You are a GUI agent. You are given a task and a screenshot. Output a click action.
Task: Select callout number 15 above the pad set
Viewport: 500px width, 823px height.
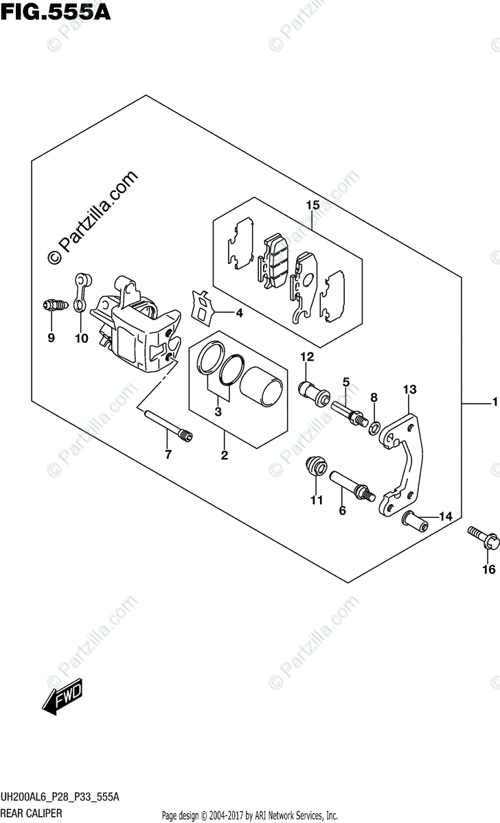(x=312, y=205)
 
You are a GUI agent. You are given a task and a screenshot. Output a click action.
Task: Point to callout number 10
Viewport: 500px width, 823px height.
(x=82, y=337)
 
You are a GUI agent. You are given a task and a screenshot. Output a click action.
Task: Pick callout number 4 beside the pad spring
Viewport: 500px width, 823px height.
(x=239, y=314)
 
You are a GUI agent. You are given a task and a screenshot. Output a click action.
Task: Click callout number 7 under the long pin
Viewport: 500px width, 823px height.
(x=167, y=455)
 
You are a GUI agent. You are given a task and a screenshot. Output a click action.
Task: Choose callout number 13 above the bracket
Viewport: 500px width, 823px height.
(x=409, y=390)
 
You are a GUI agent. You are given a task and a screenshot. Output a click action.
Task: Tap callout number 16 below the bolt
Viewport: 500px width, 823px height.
(x=488, y=569)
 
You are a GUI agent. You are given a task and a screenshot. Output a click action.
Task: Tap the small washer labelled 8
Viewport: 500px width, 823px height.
(x=375, y=429)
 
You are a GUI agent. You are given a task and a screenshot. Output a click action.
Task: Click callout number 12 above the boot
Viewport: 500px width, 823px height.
(x=306, y=357)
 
